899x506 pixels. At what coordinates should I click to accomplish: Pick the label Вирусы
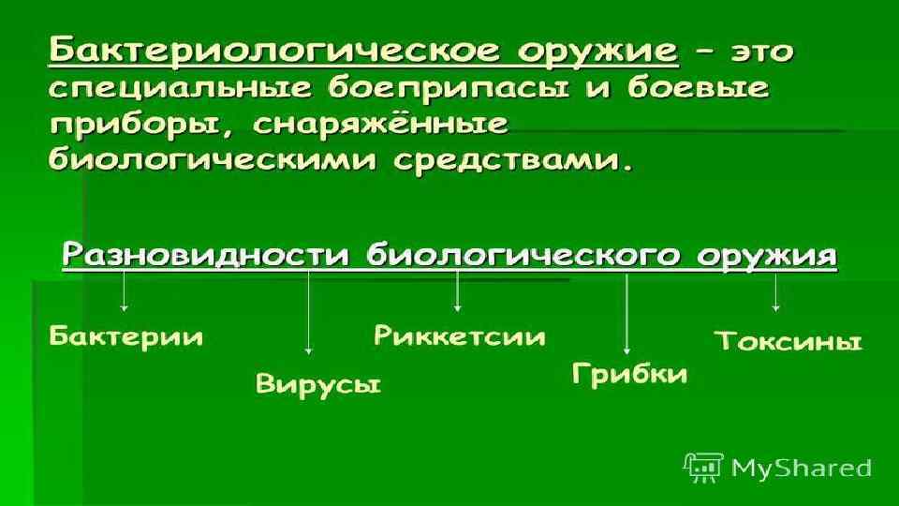click(318, 384)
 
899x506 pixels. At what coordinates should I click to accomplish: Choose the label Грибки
click(629, 375)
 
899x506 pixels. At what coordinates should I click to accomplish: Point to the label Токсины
click(788, 341)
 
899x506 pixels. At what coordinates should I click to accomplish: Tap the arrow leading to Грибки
click(626, 314)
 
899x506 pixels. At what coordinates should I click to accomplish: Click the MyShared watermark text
click(801, 467)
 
